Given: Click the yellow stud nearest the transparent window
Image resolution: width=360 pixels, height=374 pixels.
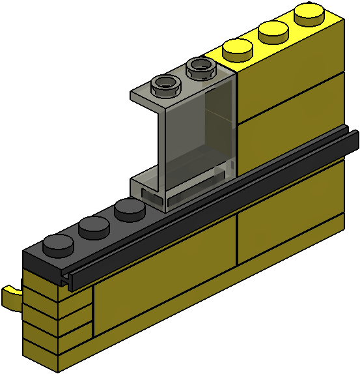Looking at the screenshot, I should tap(238, 49).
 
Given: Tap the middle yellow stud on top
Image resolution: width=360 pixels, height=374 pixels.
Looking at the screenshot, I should tap(273, 31).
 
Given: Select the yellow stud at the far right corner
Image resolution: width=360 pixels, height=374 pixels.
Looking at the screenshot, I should tap(310, 12).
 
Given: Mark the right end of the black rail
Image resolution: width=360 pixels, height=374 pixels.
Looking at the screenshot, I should tap(354, 137).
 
